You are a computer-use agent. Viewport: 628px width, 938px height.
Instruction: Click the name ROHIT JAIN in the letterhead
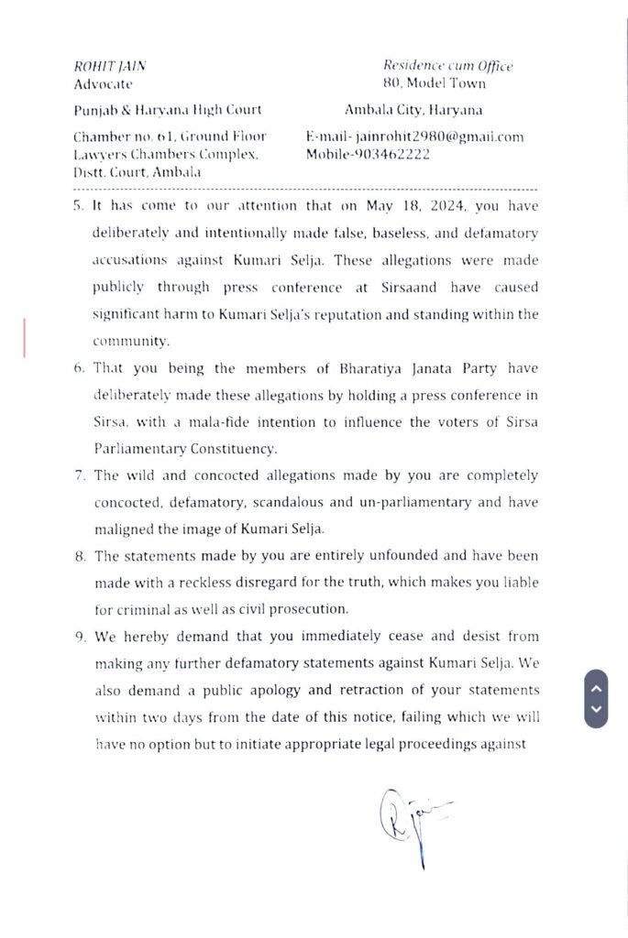(109, 66)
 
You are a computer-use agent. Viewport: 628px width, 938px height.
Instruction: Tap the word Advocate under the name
(103, 83)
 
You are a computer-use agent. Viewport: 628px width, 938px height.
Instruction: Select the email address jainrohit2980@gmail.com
(440, 136)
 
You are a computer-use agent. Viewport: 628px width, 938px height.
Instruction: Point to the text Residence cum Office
(447, 66)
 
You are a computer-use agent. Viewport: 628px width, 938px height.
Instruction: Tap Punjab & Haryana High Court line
(167, 110)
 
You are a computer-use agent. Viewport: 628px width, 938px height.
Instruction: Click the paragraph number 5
(78, 208)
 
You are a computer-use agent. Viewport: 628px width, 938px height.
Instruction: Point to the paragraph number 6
(78, 368)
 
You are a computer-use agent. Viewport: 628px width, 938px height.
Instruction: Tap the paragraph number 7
(78, 475)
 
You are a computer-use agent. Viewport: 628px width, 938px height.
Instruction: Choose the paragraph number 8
(78, 556)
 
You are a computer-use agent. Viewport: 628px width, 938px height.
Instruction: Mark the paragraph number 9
(78, 637)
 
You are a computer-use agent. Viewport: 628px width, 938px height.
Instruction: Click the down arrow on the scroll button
(596, 708)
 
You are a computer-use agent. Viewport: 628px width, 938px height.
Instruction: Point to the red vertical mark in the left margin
(24, 336)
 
